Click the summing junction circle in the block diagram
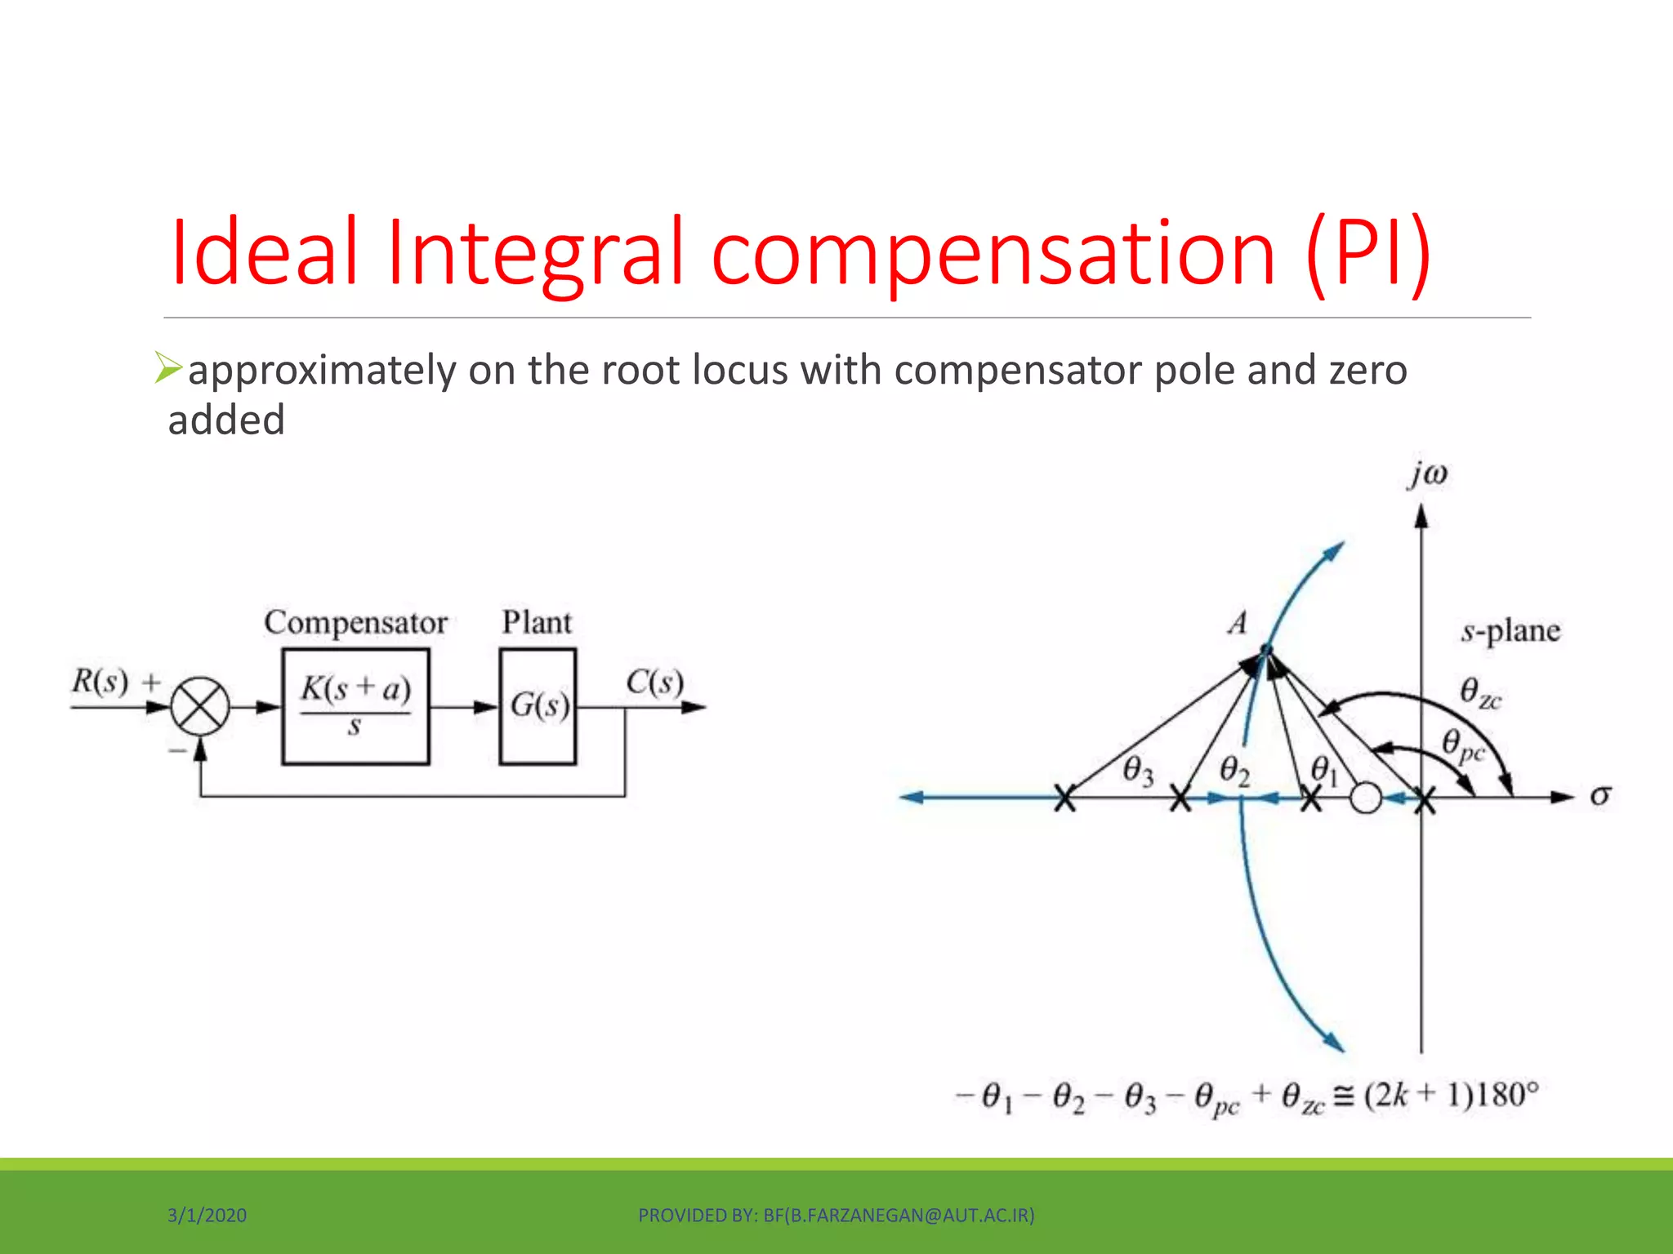[200, 707]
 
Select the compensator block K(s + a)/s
[355, 707]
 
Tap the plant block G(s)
[538, 707]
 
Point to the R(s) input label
[100, 681]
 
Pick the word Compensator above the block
[355, 623]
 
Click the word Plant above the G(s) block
[537, 623]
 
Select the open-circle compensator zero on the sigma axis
[1366, 798]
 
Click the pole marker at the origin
[1424, 799]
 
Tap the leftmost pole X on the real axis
[1064, 798]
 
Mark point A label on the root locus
[1238, 624]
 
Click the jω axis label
[1427, 474]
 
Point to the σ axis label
[1600, 796]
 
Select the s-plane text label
[1510, 631]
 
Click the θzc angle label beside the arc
[1479, 693]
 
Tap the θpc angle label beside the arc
[1462, 745]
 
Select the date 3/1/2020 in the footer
[207, 1216]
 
